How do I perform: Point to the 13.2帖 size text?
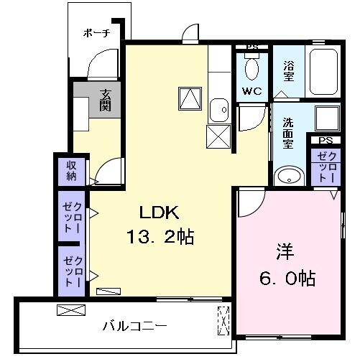click(162, 237)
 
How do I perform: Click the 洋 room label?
click(285, 253)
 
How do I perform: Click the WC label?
click(251, 91)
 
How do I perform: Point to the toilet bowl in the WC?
click(251, 68)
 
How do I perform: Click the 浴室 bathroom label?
click(288, 70)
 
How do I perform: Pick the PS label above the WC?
click(251, 47)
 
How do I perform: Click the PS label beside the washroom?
click(326, 140)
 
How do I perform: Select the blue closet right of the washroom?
click(328, 167)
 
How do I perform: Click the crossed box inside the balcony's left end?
click(70, 311)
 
